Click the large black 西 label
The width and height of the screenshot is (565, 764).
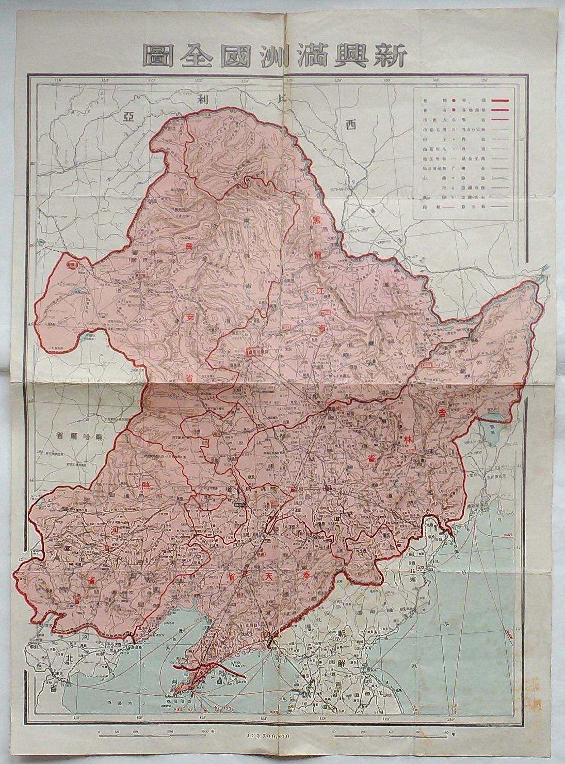click(x=351, y=124)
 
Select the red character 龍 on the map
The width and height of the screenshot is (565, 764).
click(x=318, y=256)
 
